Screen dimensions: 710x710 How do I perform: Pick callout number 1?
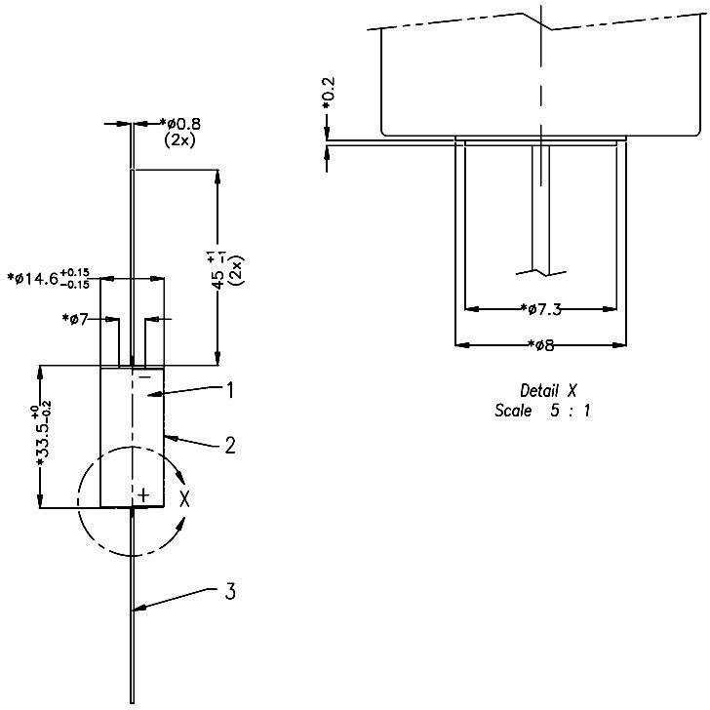(230, 391)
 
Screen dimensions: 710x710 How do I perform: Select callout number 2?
(230, 446)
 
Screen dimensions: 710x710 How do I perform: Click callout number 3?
(230, 591)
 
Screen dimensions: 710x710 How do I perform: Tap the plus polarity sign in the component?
(143, 495)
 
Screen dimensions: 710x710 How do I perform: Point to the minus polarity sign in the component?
(143, 376)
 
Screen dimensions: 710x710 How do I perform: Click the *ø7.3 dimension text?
(541, 309)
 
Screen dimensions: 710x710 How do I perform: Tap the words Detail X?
(542, 390)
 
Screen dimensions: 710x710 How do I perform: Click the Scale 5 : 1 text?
(542, 411)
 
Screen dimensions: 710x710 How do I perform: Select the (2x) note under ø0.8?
(180, 140)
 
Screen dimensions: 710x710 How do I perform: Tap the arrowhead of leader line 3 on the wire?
(135, 611)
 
